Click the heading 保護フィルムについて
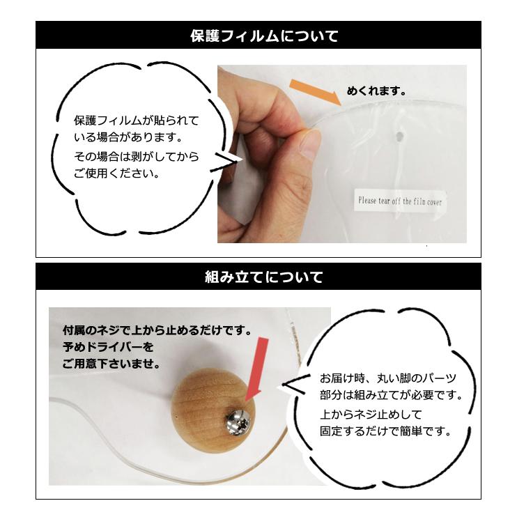[x=264, y=36]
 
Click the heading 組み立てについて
[x=264, y=277]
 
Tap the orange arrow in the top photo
[x=314, y=93]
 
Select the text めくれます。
[x=376, y=91]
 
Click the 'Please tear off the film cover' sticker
[x=399, y=201]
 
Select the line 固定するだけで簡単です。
[x=385, y=431]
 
